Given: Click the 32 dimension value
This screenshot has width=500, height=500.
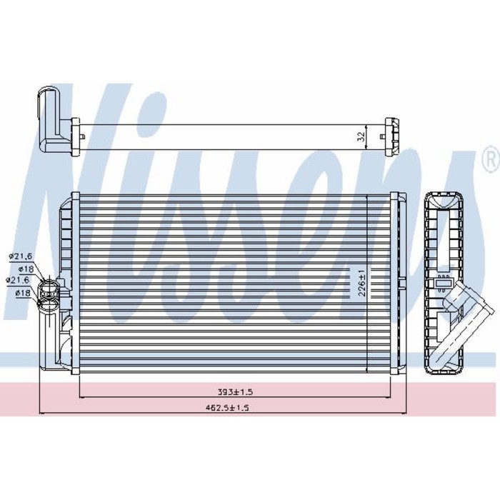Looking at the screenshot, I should [361, 134].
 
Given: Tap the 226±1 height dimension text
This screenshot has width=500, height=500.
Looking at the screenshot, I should [361, 281].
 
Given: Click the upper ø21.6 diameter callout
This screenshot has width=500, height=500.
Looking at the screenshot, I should [18, 256].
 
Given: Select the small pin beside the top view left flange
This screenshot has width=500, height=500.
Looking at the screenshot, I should [85, 134].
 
